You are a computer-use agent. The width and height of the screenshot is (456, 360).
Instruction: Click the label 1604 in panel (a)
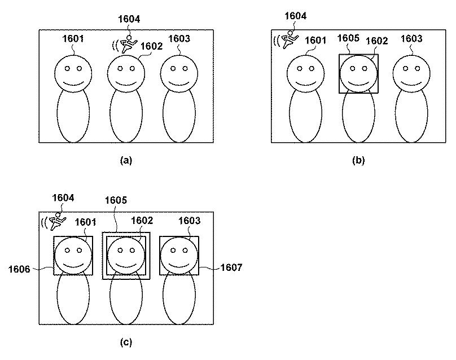(129, 19)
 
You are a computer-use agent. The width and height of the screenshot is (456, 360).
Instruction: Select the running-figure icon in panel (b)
(290, 40)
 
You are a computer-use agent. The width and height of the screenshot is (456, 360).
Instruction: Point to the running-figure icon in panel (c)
(58, 222)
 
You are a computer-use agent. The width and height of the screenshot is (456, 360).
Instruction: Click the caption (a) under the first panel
(126, 160)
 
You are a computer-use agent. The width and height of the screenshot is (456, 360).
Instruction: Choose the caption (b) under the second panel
(358, 160)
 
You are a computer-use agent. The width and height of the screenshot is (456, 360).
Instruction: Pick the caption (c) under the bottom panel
(126, 343)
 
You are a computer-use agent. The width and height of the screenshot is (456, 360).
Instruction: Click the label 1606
(19, 269)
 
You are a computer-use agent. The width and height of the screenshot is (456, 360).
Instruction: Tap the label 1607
(231, 267)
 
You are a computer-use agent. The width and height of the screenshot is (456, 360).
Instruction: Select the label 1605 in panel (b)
(348, 38)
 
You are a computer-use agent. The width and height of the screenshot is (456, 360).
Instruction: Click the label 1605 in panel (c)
(116, 200)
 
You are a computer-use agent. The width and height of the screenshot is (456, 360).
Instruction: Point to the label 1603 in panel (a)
(179, 38)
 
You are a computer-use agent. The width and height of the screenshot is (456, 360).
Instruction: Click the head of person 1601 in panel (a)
(73, 74)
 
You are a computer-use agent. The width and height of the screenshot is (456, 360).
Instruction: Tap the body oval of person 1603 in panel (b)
(411, 116)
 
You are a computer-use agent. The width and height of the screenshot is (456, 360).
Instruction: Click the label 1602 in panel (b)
(376, 41)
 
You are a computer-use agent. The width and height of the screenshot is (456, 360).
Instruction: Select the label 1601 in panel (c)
(86, 222)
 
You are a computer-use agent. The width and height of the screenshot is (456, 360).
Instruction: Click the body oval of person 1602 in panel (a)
(126, 116)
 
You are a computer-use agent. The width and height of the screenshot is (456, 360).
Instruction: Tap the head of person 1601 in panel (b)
(306, 74)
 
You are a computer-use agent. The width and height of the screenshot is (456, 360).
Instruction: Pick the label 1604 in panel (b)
(296, 16)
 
